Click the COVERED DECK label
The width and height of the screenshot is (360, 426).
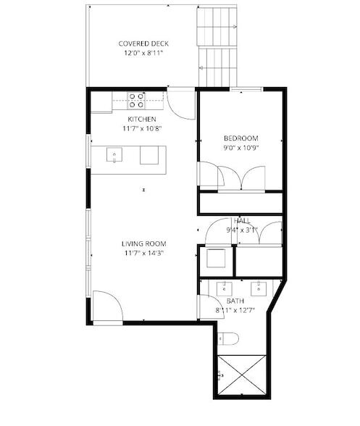coord(143,43)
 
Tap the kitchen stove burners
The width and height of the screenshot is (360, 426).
coord(136,100)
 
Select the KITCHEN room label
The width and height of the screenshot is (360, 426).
coord(142,119)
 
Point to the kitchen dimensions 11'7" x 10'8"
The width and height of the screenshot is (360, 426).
coord(142,128)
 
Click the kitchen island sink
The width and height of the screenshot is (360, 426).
coord(114,155)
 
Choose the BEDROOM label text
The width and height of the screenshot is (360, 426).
coord(241,138)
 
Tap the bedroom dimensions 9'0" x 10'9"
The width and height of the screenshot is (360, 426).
coord(240,148)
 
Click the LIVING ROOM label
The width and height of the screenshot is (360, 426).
coord(143,243)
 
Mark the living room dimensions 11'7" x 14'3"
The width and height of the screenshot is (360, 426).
coord(143,254)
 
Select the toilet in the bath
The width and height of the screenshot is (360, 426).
coord(228,338)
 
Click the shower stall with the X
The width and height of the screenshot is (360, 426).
coord(241,375)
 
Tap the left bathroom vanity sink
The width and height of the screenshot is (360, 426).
coord(224,289)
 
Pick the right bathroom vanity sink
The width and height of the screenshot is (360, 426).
coord(259,289)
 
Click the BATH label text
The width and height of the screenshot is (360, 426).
coord(235,301)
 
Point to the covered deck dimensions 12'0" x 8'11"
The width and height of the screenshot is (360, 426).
coord(143,53)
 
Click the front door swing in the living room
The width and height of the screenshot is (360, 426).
coord(108,306)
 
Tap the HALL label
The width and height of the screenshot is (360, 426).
coord(242,220)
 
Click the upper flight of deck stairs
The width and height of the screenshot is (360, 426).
coord(217,26)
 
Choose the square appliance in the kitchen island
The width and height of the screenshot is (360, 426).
coord(149,155)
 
